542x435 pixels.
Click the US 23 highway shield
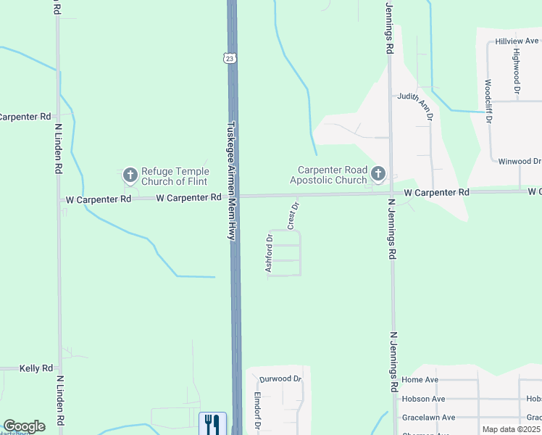[x=229, y=58]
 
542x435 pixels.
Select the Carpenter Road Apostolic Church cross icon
[x=378, y=173]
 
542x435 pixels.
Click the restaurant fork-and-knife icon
[x=212, y=423]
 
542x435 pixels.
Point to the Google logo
[x=24, y=426]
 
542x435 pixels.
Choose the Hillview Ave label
[x=517, y=42]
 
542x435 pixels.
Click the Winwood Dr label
[x=520, y=161]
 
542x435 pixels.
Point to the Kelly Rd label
[x=36, y=368]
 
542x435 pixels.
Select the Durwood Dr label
[x=280, y=378]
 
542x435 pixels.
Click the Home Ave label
[x=420, y=380]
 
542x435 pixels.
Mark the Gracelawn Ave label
[x=428, y=418]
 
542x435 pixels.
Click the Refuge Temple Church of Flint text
[x=174, y=176]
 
